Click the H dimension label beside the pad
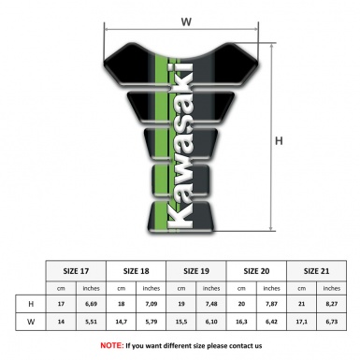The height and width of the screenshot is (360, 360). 279,140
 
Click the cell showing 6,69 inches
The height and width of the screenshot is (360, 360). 92,305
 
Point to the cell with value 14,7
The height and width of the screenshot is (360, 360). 122,323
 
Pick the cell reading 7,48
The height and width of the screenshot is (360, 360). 212,305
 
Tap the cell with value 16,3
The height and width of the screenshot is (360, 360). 242,323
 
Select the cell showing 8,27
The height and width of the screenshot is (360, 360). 331,305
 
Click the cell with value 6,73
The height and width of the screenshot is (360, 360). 331,323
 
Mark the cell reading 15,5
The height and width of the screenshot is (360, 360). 181,323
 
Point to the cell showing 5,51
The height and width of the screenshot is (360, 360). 92,323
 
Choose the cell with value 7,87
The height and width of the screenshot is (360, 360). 272,305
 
